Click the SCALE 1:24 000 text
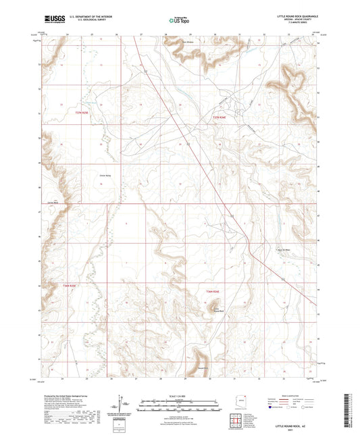[x=178, y=395]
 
